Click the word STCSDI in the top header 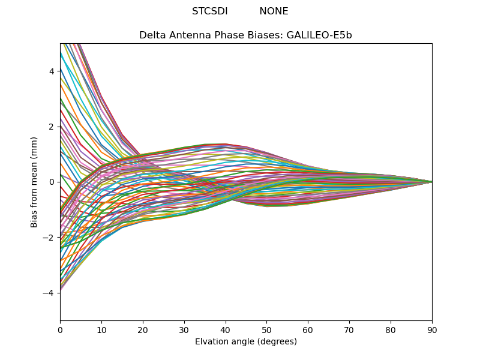(209, 11)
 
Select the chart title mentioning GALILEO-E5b (245, 35)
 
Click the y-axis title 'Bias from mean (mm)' (35, 182)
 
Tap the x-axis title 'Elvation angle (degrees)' (245, 341)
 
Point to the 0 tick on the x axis (60, 329)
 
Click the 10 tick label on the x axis (101, 329)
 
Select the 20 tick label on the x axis (143, 329)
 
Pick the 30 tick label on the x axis (184, 329)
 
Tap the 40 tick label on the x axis (226, 329)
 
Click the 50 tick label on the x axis (266, 329)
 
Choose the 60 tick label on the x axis (308, 329)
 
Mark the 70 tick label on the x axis (349, 329)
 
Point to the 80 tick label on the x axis (391, 329)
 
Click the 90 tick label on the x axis (432, 329)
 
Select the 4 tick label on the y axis (52, 71)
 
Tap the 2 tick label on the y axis (52, 127)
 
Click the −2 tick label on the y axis (49, 238)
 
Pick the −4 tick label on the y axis (49, 293)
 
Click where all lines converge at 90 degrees (431, 182)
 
